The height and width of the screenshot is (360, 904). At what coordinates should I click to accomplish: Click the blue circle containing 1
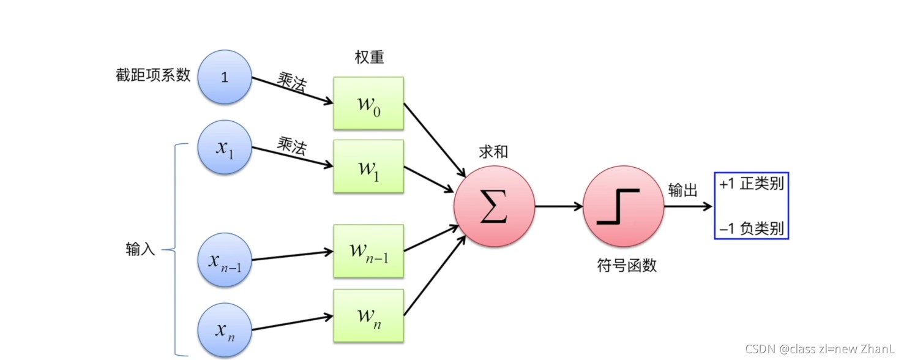click(225, 77)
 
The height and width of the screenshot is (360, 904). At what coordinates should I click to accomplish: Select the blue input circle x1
click(225, 147)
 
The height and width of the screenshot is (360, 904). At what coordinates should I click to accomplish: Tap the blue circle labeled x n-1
click(225, 260)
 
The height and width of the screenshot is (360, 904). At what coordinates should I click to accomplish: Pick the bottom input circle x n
click(225, 329)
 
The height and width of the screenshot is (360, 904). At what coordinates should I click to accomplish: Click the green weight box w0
click(368, 103)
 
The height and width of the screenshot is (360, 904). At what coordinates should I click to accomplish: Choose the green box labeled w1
click(368, 166)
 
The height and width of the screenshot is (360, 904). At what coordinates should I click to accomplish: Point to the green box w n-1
click(368, 251)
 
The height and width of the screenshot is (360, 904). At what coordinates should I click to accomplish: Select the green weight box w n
click(368, 316)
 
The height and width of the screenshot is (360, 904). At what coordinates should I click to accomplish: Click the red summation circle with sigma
click(494, 207)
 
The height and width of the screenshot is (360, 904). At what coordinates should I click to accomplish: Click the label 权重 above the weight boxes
click(369, 57)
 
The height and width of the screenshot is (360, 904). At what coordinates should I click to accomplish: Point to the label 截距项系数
click(153, 75)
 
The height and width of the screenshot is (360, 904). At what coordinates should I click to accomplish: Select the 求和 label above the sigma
click(493, 152)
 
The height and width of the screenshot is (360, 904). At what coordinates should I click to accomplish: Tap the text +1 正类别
click(752, 184)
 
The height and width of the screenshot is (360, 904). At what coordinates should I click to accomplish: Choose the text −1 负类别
click(752, 230)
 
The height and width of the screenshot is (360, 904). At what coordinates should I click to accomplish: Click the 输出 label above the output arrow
click(682, 190)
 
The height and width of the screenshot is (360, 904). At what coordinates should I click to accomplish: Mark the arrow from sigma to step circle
click(559, 207)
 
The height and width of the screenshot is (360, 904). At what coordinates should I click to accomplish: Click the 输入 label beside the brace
click(140, 249)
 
